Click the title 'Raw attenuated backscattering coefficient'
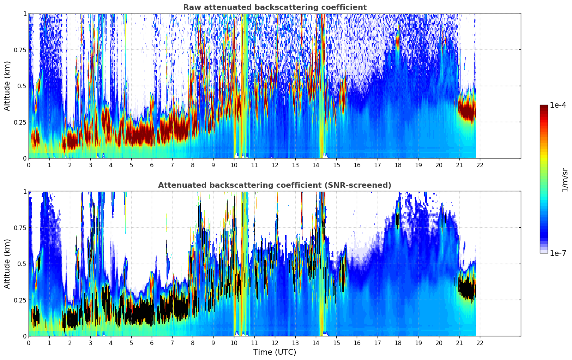(x=275, y=7)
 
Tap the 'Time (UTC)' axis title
(x=275, y=352)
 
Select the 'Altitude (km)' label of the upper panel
(x=7, y=86)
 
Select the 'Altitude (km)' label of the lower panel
(x=7, y=264)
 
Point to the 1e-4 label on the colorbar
(x=558, y=105)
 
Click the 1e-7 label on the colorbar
(x=558, y=253)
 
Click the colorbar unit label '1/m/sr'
(x=565, y=180)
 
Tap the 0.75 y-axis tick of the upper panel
(x=20, y=50)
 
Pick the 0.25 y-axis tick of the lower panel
(x=20, y=300)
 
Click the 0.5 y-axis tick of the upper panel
(x=22, y=86)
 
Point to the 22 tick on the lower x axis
(x=480, y=343)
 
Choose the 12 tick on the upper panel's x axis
(x=275, y=165)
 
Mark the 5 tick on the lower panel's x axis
(x=131, y=343)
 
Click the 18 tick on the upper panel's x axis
(x=398, y=165)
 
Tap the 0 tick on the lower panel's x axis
(x=29, y=343)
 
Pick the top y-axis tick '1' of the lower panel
(x=25, y=191)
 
